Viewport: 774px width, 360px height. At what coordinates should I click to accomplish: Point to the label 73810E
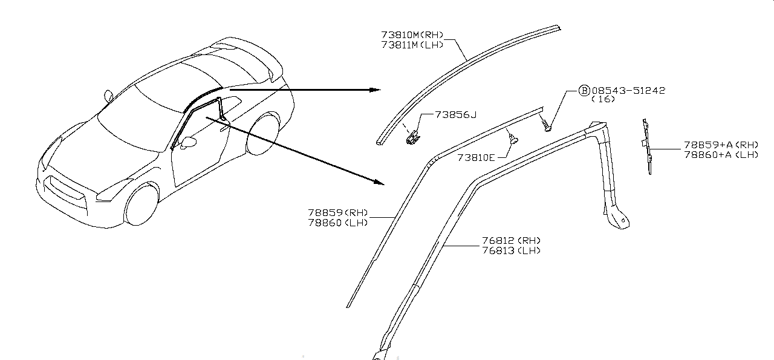(476, 157)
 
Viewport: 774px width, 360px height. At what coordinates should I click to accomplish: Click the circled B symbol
(584, 90)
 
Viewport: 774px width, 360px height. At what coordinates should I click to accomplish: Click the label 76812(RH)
(512, 241)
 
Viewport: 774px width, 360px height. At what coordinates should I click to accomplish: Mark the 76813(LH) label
(512, 250)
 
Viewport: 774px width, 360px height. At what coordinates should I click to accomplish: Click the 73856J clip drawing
(412, 138)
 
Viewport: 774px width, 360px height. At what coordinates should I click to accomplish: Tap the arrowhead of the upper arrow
(376, 90)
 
